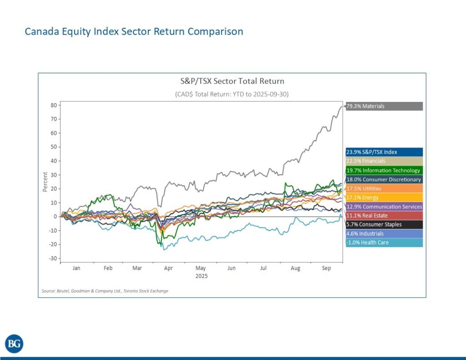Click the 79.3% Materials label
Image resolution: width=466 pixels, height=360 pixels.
point(384,106)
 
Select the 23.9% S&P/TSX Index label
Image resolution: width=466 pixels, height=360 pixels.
point(384,152)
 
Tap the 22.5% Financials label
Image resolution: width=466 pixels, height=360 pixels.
point(384,161)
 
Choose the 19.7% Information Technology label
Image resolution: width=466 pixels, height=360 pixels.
point(384,170)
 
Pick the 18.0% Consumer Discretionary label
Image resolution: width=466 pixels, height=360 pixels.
point(384,179)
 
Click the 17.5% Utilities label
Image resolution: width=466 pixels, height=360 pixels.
point(384,188)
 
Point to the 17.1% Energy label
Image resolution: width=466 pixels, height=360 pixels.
point(384,198)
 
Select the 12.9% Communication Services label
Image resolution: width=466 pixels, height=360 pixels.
point(384,207)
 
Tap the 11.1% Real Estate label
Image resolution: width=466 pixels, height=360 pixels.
point(384,215)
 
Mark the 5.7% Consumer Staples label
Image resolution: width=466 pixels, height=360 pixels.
point(384,224)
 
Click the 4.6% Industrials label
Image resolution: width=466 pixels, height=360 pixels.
point(384,233)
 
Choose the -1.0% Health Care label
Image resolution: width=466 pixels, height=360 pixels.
point(384,243)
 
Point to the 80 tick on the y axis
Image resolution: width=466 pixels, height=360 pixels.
point(53,105)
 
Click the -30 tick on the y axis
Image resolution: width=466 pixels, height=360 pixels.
point(52,259)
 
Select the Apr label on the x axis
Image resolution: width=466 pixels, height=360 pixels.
point(168,269)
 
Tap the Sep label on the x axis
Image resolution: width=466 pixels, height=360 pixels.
point(326,269)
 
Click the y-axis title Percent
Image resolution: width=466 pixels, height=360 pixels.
point(45,182)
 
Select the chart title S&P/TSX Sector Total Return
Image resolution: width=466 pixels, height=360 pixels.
point(232,81)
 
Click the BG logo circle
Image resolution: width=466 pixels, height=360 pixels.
point(14,344)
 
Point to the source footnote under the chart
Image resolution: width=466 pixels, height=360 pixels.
point(105,291)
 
